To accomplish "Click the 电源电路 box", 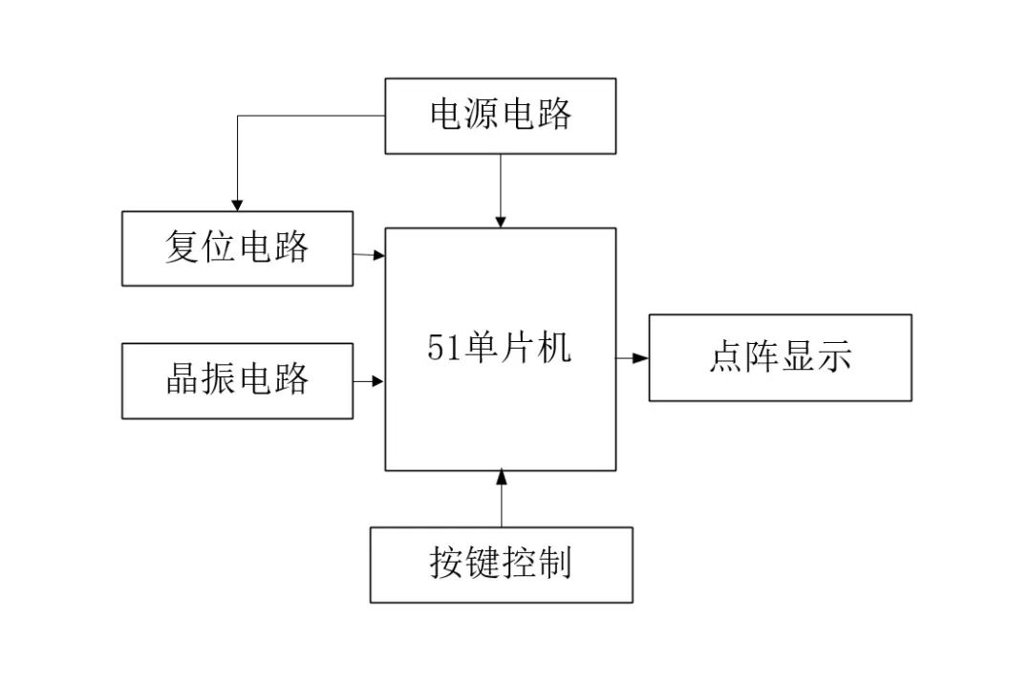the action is click(500, 117).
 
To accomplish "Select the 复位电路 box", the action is click(237, 248).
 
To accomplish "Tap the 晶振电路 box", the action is click(237, 381).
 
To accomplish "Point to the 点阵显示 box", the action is click(780, 358).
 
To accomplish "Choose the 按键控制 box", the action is click(501, 565).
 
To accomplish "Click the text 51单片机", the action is click(499, 347).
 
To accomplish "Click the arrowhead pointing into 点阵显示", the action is click(640, 358).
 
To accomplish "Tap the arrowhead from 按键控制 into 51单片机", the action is click(502, 477).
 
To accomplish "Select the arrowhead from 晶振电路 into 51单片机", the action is click(377, 381).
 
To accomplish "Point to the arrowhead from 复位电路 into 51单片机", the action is click(377, 255).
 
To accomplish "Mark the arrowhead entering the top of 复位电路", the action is click(237, 204).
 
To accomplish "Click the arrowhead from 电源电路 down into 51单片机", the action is click(500, 221).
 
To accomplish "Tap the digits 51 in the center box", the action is click(442, 348).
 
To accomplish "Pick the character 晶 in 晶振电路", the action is click(183, 378).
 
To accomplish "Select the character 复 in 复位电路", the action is click(183, 246).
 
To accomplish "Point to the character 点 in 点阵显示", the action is click(726, 355).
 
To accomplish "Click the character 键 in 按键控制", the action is click(484, 563).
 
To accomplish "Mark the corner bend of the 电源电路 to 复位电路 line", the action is click(238, 117).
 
